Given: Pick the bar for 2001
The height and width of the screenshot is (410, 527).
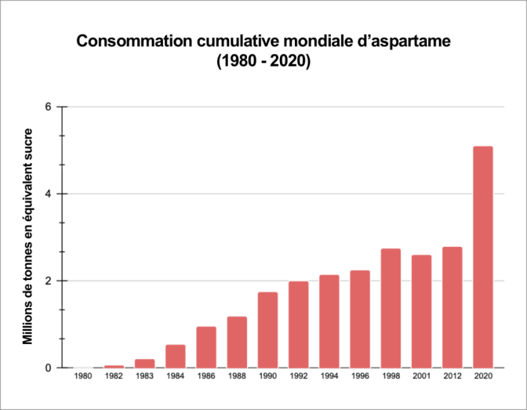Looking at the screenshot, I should [x=421, y=311].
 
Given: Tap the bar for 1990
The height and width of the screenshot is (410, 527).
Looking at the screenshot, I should [x=267, y=330].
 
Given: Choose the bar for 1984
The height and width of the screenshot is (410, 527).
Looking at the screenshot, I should [x=176, y=356].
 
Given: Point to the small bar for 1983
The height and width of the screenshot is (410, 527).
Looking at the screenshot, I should [x=144, y=363].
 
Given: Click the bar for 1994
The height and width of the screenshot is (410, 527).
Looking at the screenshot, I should [x=329, y=321].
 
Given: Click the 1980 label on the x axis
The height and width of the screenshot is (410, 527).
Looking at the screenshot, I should [x=83, y=378].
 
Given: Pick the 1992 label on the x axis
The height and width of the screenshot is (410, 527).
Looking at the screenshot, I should [x=298, y=378].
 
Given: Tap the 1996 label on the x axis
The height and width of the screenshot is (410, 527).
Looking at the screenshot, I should [x=360, y=378].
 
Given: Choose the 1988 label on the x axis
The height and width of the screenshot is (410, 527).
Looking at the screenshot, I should [x=237, y=378].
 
